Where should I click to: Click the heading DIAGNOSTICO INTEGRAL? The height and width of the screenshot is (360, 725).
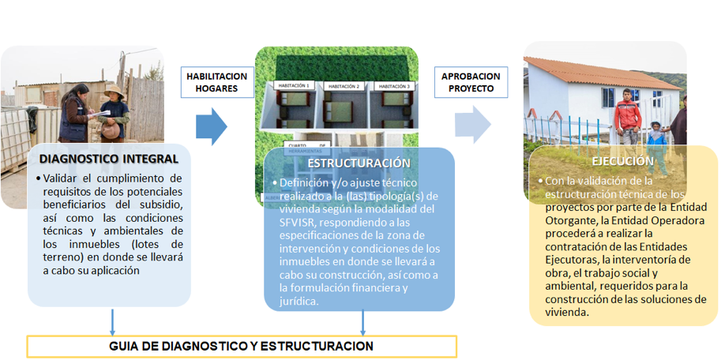point(103,159)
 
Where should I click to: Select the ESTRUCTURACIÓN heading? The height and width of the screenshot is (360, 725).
point(359,163)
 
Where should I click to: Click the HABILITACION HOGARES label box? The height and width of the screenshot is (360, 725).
point(216,82)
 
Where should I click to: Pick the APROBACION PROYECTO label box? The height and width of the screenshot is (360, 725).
point(470,82)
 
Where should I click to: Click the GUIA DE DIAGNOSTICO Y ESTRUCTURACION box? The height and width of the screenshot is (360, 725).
point(241,347)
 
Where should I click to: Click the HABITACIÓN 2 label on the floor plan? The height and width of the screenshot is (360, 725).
point(343,86)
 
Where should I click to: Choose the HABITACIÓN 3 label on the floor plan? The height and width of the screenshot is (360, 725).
point(392,84)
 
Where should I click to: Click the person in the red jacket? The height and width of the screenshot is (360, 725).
point(629,114)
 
